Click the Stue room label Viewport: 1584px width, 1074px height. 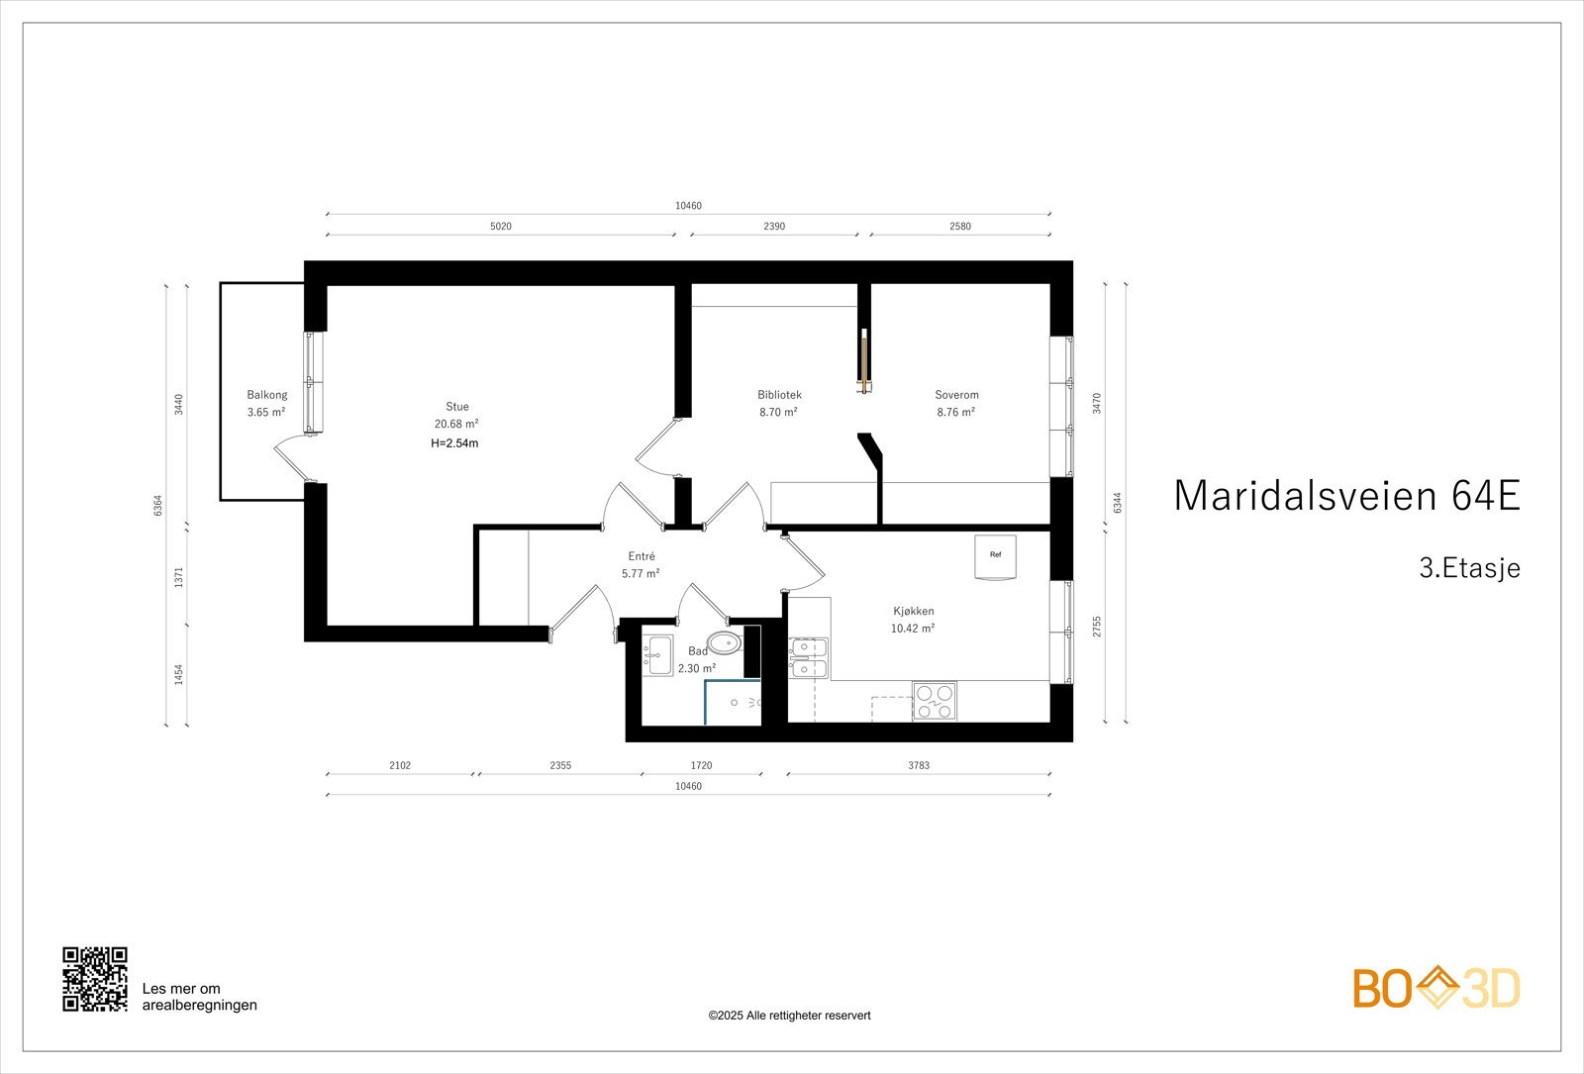tap(456, 406)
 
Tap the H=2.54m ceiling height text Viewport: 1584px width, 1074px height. tap(454, 443)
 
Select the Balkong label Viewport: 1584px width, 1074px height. tap(267, 395)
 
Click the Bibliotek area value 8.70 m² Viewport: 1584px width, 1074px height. tap(778, 413)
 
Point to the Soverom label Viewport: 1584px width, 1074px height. tap(956, 395)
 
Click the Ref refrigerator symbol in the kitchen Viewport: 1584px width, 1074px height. tap(995, 556)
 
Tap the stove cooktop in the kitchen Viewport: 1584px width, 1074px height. tap(935, 702)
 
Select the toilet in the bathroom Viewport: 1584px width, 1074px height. tap(726, 643)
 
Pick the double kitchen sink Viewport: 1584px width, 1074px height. tap(809, 658)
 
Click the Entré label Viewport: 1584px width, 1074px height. tap(642, 556)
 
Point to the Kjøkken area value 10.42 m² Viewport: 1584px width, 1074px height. tap(913, 629)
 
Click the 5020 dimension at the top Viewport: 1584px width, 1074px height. tap(501, 227)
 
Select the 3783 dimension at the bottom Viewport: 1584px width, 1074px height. tap(918, 765)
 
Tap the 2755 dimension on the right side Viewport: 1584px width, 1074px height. tap(1097, 627)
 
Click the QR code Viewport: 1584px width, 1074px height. tap(95, 979)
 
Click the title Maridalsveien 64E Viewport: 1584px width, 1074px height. tap(1345, 496)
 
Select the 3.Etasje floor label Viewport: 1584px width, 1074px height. tap(1468, 569)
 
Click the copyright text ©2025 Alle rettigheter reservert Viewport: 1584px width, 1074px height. tap(789, 1016)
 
